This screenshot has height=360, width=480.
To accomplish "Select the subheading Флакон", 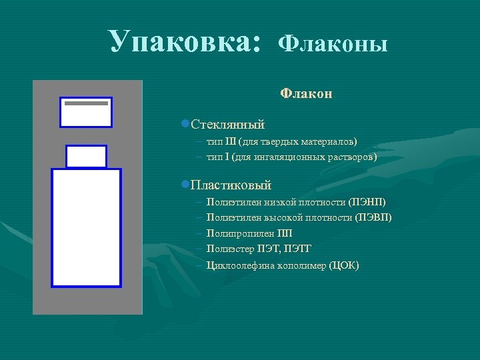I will pos(306,93).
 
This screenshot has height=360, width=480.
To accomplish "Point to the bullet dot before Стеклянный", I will pos(185,125).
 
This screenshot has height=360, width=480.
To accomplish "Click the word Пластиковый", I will pos(231,185).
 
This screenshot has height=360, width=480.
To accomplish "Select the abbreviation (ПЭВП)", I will pos(374,217).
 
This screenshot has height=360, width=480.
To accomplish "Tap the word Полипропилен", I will pos(240,233).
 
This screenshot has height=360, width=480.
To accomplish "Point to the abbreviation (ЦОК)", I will pos(343,265).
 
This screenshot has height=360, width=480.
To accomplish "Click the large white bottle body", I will pos(87,228).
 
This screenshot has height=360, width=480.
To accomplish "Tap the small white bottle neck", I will pos(86,157).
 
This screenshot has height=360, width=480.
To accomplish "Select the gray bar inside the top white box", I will pos(86,104).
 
